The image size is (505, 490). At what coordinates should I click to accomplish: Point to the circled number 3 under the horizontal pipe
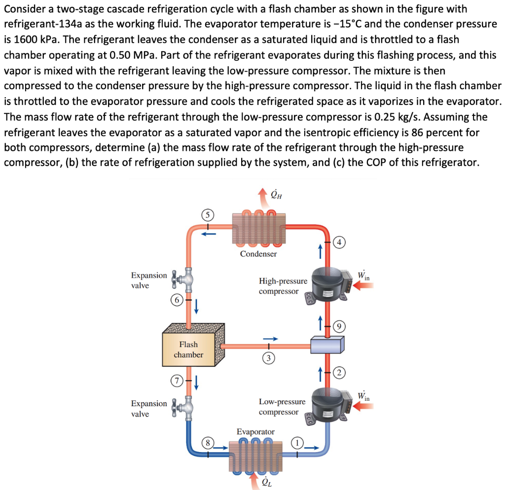click(x=268, y=358)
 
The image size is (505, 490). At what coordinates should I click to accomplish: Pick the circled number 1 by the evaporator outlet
click(x=297, y=442)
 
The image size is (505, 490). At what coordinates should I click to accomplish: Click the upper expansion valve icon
click(x=182, y=281)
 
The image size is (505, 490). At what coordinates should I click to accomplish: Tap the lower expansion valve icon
click(x=182, y=408)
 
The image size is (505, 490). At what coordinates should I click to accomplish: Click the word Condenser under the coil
click(x=258, y=254)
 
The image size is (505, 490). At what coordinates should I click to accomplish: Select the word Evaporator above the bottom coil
click(x=255, y=432)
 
